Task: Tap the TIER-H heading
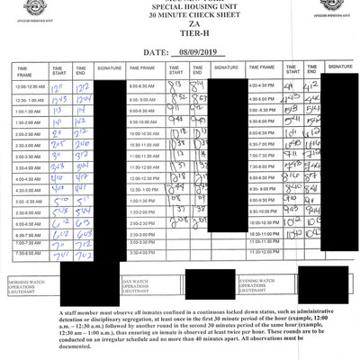[x=180, y=39]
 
